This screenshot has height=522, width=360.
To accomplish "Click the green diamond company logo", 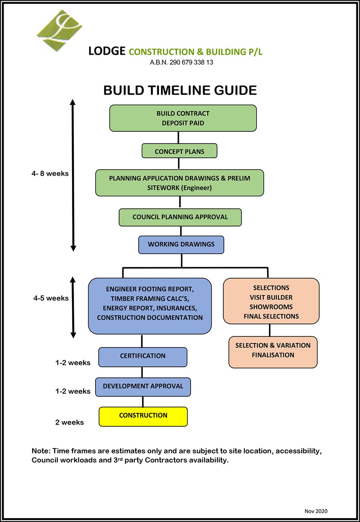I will (60, 30).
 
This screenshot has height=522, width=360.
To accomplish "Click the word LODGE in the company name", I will (107, 51).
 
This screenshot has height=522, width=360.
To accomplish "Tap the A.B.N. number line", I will (181, 62).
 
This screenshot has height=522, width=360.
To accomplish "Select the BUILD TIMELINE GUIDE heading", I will (180, 90).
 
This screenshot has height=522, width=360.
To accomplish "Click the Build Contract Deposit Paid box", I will (183, 118).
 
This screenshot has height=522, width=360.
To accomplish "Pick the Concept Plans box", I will (179, 151).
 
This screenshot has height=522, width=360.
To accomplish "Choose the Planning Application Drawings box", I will (179, 183).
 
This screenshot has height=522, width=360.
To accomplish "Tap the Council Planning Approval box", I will (180, 217).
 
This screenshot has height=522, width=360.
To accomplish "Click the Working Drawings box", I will (181, 244).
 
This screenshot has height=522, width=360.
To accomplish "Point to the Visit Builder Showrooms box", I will (271, 301).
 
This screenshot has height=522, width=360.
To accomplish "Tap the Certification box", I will (143, 357).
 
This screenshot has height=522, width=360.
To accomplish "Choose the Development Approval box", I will (143, 387).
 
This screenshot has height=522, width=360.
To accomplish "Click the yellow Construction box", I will (143, 416).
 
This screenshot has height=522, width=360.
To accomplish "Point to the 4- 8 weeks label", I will (50, 174).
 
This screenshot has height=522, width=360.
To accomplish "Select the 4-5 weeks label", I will (51, 298).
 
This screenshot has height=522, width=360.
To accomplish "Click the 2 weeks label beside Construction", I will (69, 422).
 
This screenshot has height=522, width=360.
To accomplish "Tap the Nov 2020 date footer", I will (316, 511).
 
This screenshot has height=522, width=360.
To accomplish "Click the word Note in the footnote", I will (41, 451).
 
